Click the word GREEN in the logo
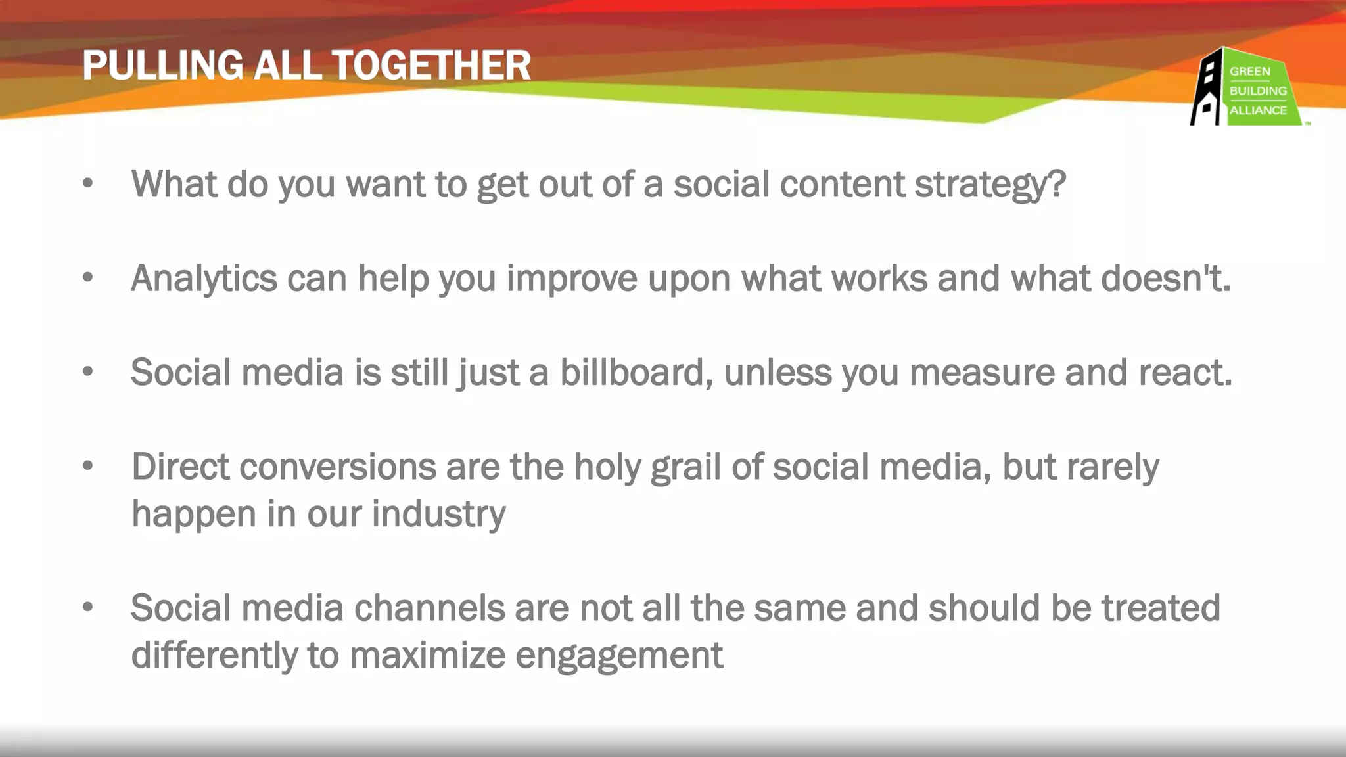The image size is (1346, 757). pos(1249,71)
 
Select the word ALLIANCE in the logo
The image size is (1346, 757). pos(1258,110)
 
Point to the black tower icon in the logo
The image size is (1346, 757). pos(1207,89)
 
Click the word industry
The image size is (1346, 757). pos(438,514)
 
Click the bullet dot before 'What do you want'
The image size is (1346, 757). pos(88,185)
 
